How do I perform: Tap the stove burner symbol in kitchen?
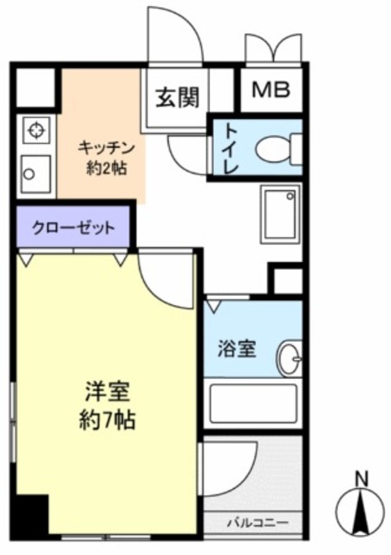36,130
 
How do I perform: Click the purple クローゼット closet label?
73,228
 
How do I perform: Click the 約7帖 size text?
106,421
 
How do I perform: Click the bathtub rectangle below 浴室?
253,402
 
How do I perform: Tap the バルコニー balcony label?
253,522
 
